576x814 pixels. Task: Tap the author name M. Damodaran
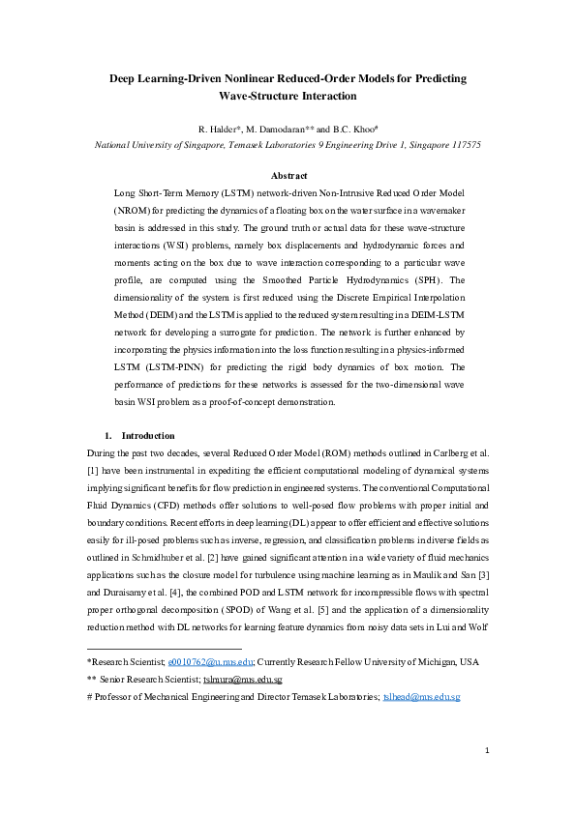pyautogui.click(x=280, y=129)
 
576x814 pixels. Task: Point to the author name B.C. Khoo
pyautogui.click(x=353, y=129)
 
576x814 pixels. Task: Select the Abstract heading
pyautogui.click(x=288, y=176)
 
